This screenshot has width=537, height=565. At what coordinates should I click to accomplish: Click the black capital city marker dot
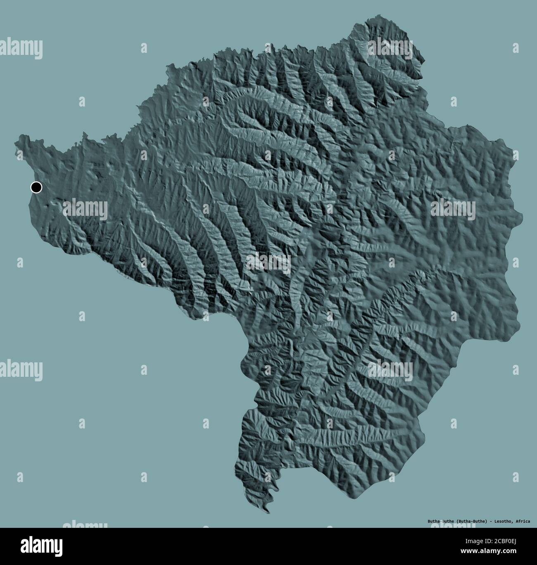[x=36, y=187]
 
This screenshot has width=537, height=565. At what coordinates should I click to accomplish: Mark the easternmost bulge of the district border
[x=522, y=215]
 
